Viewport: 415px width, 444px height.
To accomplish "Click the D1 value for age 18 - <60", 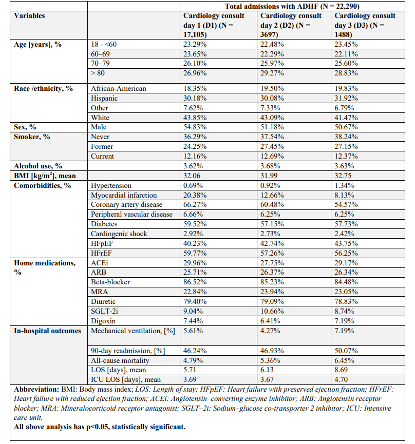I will tap(196, 45).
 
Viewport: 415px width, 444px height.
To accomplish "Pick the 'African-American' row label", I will tap(118, 88).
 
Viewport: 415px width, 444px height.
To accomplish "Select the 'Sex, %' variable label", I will tap(26, 127).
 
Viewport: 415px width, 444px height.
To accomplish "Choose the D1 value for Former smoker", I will tap(196, 146).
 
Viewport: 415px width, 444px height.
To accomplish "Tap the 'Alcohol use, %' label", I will tap(38, 166).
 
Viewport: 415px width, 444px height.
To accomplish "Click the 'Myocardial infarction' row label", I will tap(124, 195).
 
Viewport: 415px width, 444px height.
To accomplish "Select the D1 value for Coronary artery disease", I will tap(196, 205).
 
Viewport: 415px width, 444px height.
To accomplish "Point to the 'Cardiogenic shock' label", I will tap(119, 234).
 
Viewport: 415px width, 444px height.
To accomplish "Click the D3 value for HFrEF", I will tap(347, 253).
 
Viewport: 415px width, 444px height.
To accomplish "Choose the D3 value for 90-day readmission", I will tap(347, 350).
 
